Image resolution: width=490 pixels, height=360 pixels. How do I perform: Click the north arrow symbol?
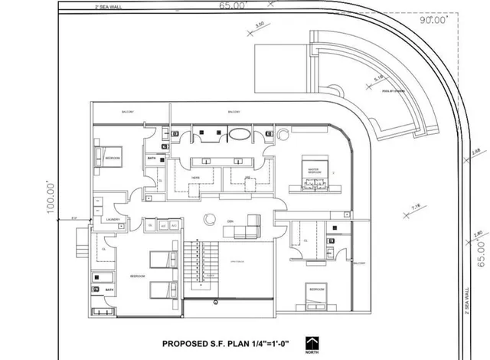tap(311, 345)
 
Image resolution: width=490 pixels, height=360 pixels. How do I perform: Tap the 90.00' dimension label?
tap(436, 21)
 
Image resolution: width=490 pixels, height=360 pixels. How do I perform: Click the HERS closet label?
tap(196, 177)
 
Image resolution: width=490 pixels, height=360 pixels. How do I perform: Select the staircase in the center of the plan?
tap(202, 265)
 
